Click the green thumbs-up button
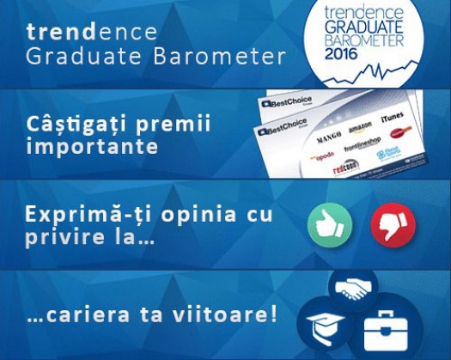330,226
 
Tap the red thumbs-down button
393,226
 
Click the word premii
178,124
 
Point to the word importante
92,146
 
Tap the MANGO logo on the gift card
329,134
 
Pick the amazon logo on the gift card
360,131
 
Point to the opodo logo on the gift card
322,157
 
